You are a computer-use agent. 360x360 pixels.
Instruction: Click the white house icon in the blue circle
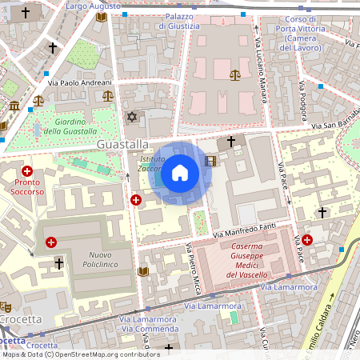pyautogui.click(x=180, y=173)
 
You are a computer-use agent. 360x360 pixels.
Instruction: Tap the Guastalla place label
pyautogui.click(x=122, y=144)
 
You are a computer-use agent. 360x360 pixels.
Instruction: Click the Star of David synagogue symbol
pyautogui.click(x=133, y=117)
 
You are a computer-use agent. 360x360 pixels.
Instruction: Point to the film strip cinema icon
pyautogui.click(x=210, y=161)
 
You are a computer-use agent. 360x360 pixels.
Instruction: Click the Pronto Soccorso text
pyautogui.click(x=27, y=187)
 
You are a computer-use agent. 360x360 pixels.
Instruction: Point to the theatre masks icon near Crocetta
pyautogui.click(x=5, y=306)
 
